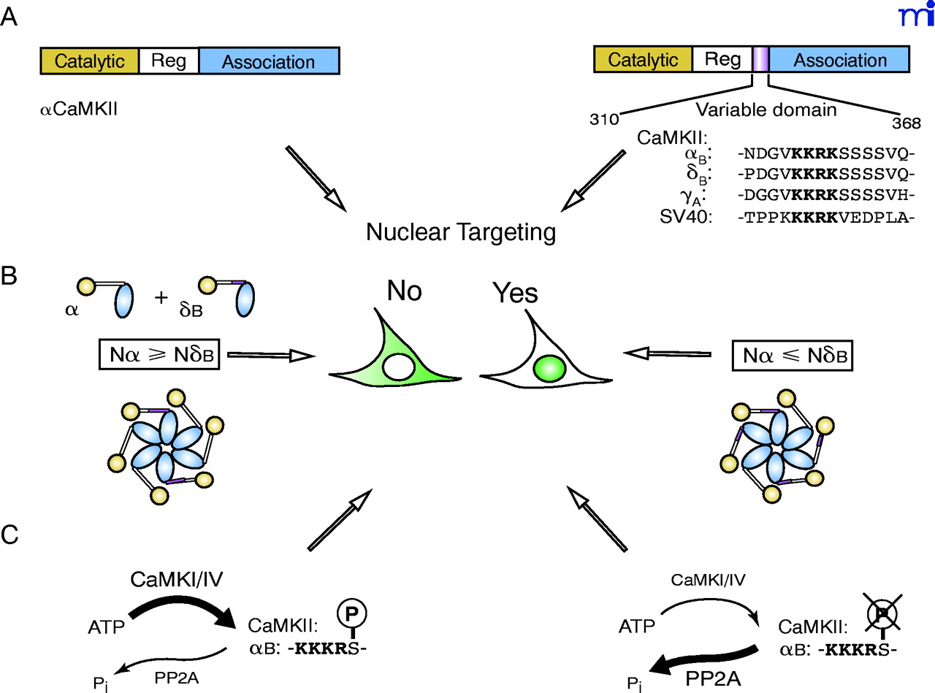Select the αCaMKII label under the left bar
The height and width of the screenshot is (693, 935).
coord(79,112)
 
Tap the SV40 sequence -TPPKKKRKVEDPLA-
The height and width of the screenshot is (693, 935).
coord(825,217)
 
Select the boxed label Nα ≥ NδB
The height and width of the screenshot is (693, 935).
coord(159,356)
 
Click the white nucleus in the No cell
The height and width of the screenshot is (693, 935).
coord(399,365)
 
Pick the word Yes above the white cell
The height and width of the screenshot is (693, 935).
coord(514,293)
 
